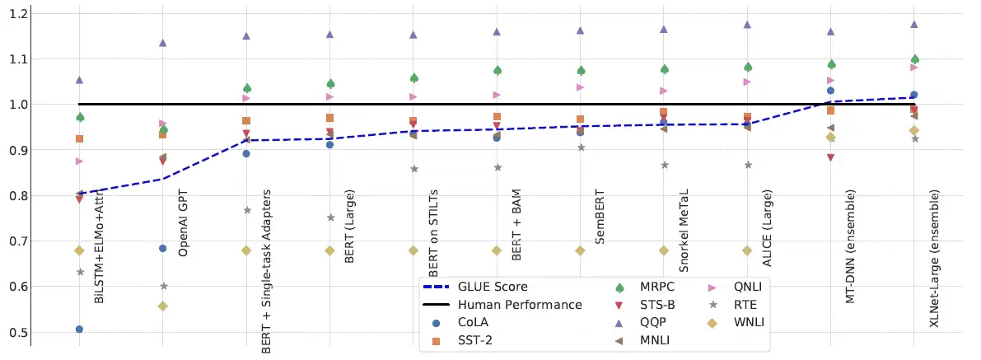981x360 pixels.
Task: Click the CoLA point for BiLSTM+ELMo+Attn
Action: click(x=79, y=330)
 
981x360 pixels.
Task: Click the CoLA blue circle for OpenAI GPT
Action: click(x=163, y=248)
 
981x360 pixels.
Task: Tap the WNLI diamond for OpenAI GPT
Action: click(x=163, y=306)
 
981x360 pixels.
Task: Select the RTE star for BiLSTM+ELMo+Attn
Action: click(x=80, y=272)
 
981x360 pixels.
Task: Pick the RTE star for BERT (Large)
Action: click(x=330, y=217)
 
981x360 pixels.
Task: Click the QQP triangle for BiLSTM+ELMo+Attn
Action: click(x=80, y=80)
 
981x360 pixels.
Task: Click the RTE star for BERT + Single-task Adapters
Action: click(x=247, y=210)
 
